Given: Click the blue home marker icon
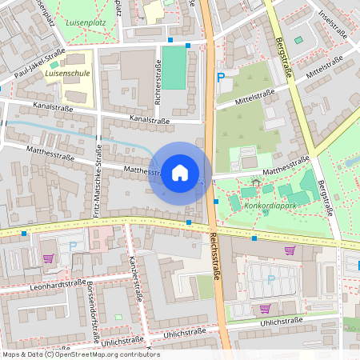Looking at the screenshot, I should pyautogui.click(x=180, y=173).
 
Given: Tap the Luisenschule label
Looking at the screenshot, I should pyautogui.click(x=66, y=72).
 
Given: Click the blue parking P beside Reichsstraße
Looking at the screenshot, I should pyautogui.click(x=221, y=78).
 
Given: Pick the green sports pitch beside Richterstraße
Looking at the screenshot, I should pyautogui.click(x=174, y=67).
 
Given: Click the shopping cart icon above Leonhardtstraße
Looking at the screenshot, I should pyautogui.click(x=48, y=258).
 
